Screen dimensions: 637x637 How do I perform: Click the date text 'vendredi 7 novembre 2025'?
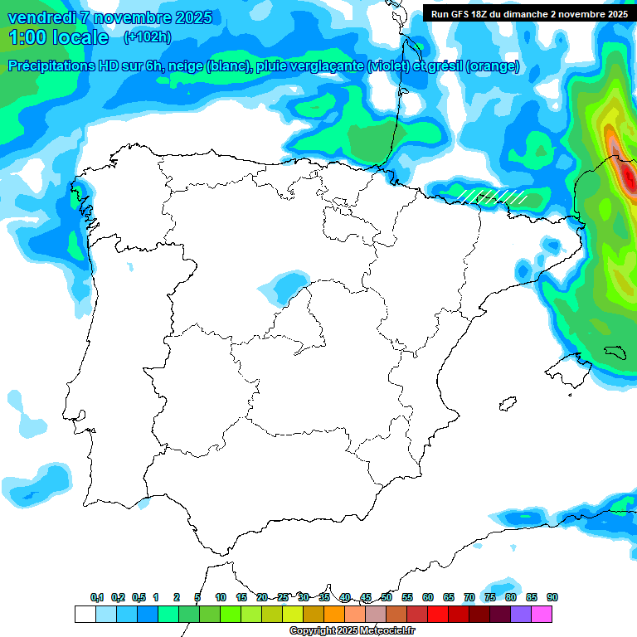click(x=109, y=17)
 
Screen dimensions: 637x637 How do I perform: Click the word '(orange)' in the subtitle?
click(x=493, y=66)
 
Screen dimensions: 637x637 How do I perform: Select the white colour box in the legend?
click(x=85, y=614)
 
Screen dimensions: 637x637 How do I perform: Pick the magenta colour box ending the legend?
click(x=542, y=614)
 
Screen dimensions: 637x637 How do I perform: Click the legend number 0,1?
click(x=97, y=597)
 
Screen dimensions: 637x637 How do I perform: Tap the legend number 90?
click(x=552, y=597)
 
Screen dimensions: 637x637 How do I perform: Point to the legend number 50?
click(x=387, y=597)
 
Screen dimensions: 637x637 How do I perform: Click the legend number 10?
click(x=221, y=597)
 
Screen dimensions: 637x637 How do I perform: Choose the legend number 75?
click(x=490, y=597)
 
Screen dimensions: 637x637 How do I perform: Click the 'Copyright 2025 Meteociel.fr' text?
click(x=352, y=630)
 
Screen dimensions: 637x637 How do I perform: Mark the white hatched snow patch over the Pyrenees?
click(x=494, y=197)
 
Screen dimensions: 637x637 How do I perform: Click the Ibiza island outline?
click(x=507, y=405)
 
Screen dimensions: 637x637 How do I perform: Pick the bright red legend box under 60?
click(x=438, y=614)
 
